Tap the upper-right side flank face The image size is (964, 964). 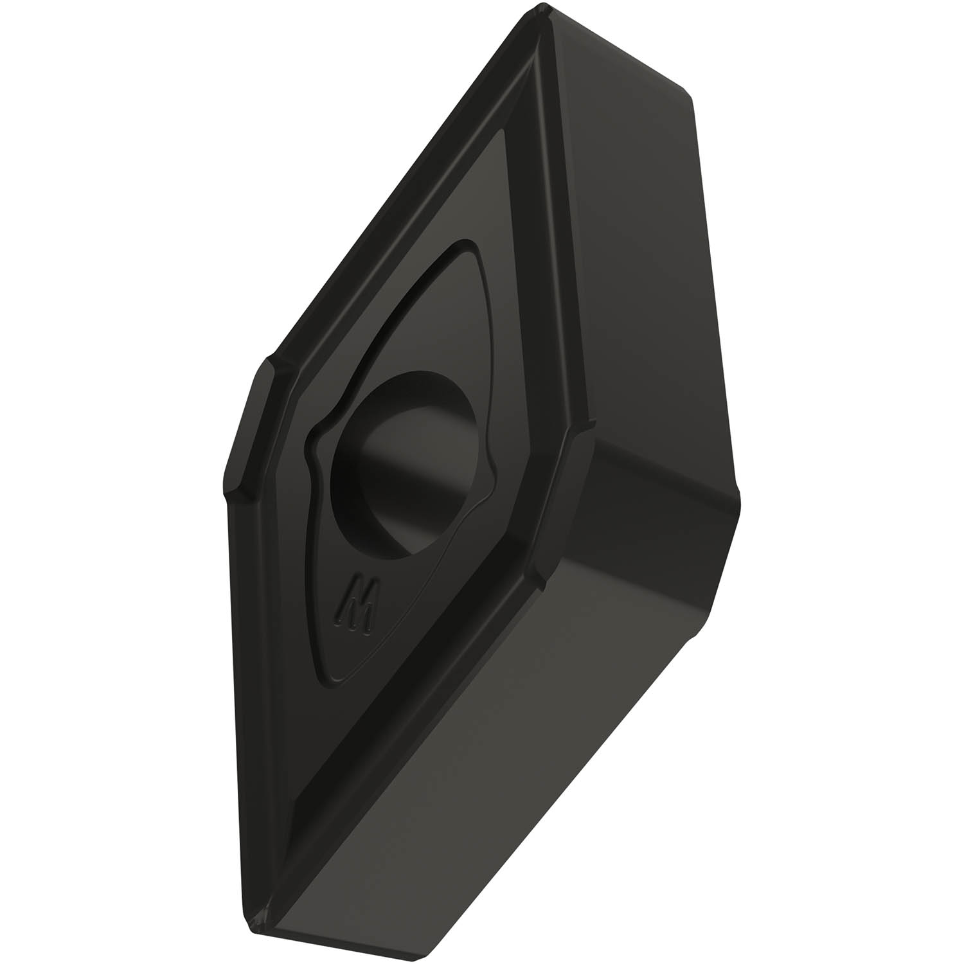tap(627, 257)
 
